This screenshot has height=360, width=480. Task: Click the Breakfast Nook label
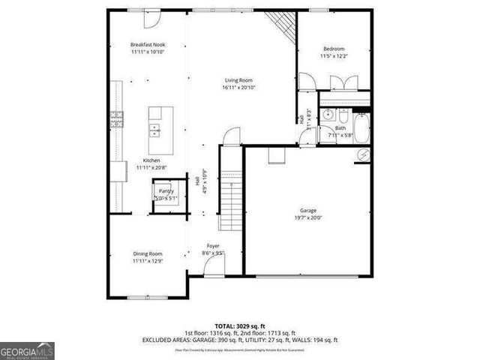(148, 45)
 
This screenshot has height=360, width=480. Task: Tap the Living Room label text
(238, 80)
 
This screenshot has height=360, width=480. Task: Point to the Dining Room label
(148, 254)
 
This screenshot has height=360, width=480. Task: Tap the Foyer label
(213, 246)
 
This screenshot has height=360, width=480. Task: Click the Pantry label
(165, 192)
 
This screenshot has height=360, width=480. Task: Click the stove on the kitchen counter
(117, 117)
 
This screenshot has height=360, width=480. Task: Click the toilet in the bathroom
(342, 118)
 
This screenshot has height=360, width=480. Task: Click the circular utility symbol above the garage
(363, 154)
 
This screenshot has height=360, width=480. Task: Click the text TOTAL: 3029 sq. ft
(239, 324)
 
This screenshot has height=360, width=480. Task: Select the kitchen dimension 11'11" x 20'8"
(151, 167)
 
